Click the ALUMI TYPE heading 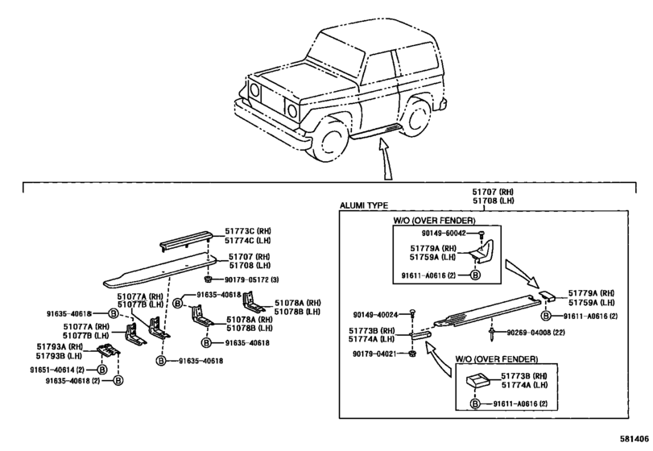(364, 205)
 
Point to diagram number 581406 (634, 438)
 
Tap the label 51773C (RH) (248, 231)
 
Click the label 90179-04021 (379, 354)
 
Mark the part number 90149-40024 (380, 315)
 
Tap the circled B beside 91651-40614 (101, 370)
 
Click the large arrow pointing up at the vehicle (385, 160)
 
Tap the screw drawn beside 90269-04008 (492, 334)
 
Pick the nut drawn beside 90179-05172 (208, 279)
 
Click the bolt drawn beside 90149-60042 (481, 234)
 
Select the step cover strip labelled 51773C (186, 239)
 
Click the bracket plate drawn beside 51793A (108, 350)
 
